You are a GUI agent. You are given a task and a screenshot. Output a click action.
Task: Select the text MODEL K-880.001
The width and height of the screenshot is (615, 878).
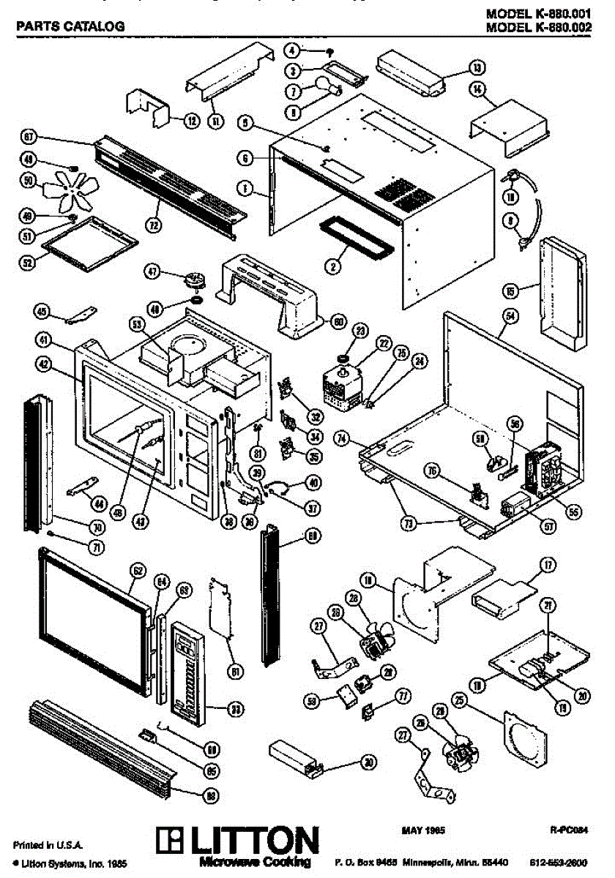[x=537, y=15]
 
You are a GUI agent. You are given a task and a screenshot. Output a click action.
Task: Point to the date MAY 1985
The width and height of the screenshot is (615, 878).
[x=424, y=830]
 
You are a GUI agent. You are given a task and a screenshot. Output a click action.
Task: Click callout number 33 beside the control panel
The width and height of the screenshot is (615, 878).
[x=236, y=708]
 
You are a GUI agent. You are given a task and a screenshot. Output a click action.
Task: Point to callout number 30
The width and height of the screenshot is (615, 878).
[x=369, y=762]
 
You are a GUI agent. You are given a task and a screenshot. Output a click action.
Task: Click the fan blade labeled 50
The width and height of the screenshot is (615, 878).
[x=64, y=189]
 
